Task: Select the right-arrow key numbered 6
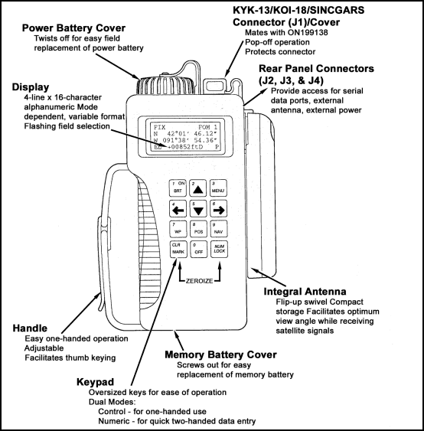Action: [x=218, y=209]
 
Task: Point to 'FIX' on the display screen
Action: [x=158, y=126]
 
